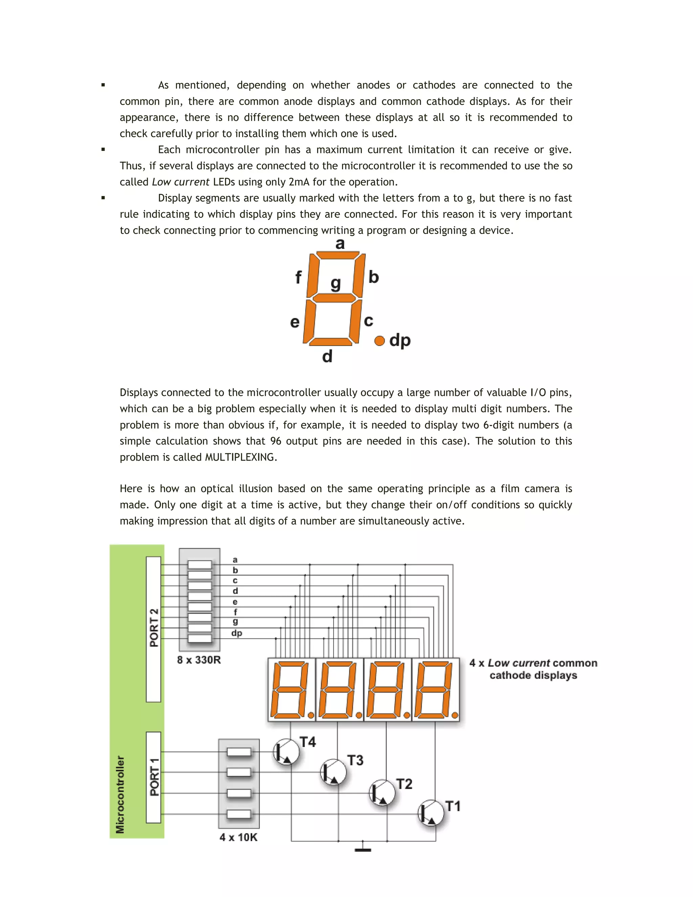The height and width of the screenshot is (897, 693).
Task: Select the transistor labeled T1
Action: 431,813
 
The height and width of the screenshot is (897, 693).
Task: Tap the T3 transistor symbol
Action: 333,772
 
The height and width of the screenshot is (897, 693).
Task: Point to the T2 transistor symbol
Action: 382,793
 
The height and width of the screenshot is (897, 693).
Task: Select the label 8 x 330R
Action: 199,660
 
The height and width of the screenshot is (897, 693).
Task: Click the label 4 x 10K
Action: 239,837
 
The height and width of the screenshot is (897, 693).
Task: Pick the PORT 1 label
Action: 154,777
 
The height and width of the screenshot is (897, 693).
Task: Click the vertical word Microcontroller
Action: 120,794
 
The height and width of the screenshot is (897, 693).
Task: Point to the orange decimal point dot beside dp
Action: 379,341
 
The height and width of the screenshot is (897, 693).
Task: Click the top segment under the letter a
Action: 338,256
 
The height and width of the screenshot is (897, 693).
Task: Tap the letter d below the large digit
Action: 327,356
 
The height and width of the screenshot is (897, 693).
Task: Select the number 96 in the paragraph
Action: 275,441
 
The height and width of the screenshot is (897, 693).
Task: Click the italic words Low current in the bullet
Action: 181,182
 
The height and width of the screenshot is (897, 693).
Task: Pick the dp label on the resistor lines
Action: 237,633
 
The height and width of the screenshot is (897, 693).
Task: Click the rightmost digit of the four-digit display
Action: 435,690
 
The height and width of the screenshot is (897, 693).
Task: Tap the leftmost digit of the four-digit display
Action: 291,690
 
